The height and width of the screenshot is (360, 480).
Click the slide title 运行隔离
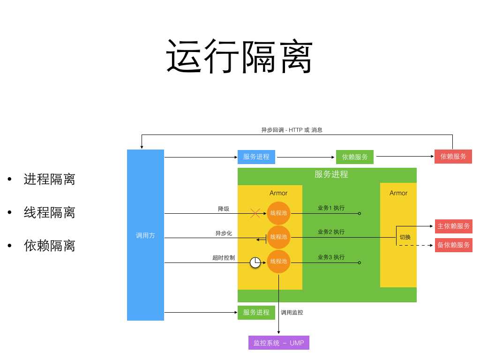(x=239, y=56)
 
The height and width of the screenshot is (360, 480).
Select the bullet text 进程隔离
(x=49, y=179)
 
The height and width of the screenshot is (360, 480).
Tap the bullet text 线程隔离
(x=49, y=212)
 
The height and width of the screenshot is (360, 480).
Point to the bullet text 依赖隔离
(x=49, y=246)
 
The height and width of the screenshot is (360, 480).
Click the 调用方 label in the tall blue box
(x=145, y=236)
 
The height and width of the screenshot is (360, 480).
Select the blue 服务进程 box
(x=256, y=157)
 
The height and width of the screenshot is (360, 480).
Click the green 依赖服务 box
(x=355, y=157)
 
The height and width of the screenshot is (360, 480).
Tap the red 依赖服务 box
(x=453, y=157)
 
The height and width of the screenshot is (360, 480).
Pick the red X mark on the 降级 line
(x=255, y=213)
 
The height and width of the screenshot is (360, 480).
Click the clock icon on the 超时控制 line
(x=255, y=262)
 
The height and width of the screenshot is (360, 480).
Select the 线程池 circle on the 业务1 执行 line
(x=279, y=213)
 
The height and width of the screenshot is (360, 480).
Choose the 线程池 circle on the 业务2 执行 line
(x=279, y=237)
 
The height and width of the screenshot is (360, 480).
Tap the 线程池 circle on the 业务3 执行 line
(x=279, y=262)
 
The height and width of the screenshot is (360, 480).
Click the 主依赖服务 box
(x=453, y=226)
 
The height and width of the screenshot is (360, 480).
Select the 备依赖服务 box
(x=453, y=245)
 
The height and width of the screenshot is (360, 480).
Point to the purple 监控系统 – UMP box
(x=279, y=343)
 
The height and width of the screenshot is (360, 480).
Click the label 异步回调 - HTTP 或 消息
(x=292, y=130)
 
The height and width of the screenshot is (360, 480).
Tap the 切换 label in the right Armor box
(x=405, y=237)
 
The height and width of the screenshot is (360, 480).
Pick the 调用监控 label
(x=292, y=312)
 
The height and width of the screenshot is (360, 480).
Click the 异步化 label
(x=224, y=233)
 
